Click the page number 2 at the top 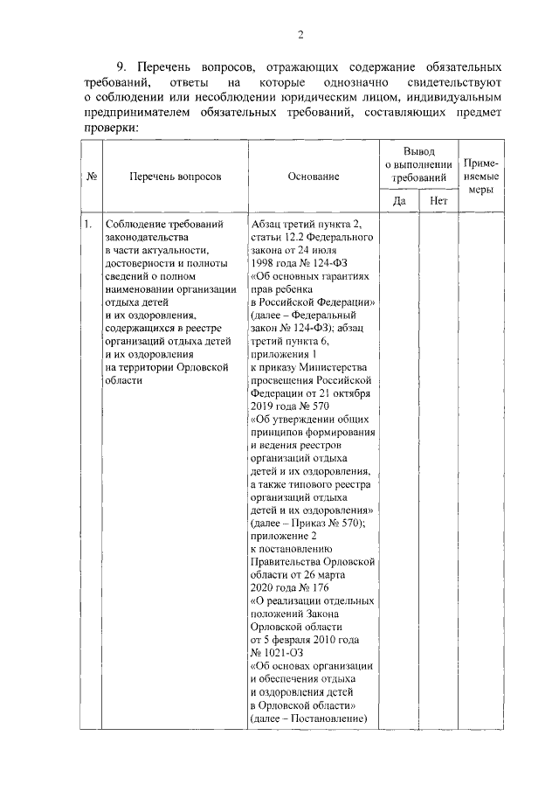click(300, 35)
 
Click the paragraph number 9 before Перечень click(123, 67)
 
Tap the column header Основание click(314, 176)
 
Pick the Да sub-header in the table click(400, 201)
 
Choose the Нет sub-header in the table click(438, 201)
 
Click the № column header click(92, 176)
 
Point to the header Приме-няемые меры click(481, 176)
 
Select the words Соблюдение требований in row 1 click(159, 224)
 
